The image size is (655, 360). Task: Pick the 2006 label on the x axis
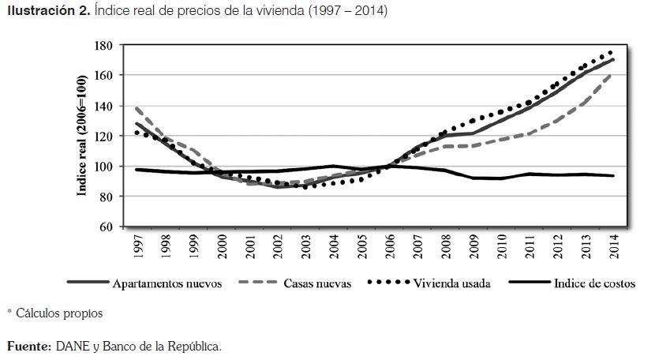click(390, 247)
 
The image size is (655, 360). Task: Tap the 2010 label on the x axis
click(501, 247)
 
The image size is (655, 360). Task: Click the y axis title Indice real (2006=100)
click(82, 137)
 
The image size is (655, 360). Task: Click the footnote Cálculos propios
click(59, 313)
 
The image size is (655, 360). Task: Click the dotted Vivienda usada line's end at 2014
click(612, 52)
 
